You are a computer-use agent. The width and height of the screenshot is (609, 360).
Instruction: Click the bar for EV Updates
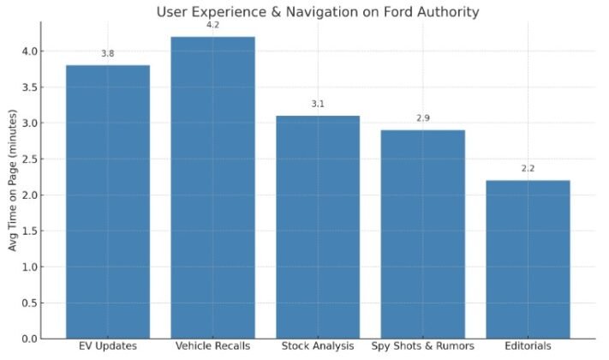click(108, 201)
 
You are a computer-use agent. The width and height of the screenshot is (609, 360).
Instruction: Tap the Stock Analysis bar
click(318, 226)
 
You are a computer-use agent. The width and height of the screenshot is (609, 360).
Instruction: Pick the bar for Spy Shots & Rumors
click(422, 234)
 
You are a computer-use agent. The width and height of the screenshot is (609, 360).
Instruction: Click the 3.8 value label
click(108, 54)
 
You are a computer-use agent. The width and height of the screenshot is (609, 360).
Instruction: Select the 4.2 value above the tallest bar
click(212, 25)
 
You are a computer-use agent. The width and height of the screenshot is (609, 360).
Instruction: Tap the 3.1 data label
click(318, 104)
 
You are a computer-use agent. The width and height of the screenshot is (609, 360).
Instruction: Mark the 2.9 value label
click(422, 117)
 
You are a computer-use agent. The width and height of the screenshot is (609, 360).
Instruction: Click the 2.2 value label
click(528, 168)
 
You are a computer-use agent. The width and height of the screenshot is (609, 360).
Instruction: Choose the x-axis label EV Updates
click(108, 346)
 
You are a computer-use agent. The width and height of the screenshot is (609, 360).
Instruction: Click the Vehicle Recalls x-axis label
click(212, 346)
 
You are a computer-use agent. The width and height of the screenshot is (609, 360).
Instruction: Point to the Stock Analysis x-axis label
click(318, 346)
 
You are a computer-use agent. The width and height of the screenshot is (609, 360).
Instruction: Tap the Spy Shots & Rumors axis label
click(422, 346)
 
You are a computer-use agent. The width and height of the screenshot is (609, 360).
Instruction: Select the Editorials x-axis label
click(528, 346)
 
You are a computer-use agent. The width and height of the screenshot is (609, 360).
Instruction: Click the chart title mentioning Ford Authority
click(317, 11)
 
